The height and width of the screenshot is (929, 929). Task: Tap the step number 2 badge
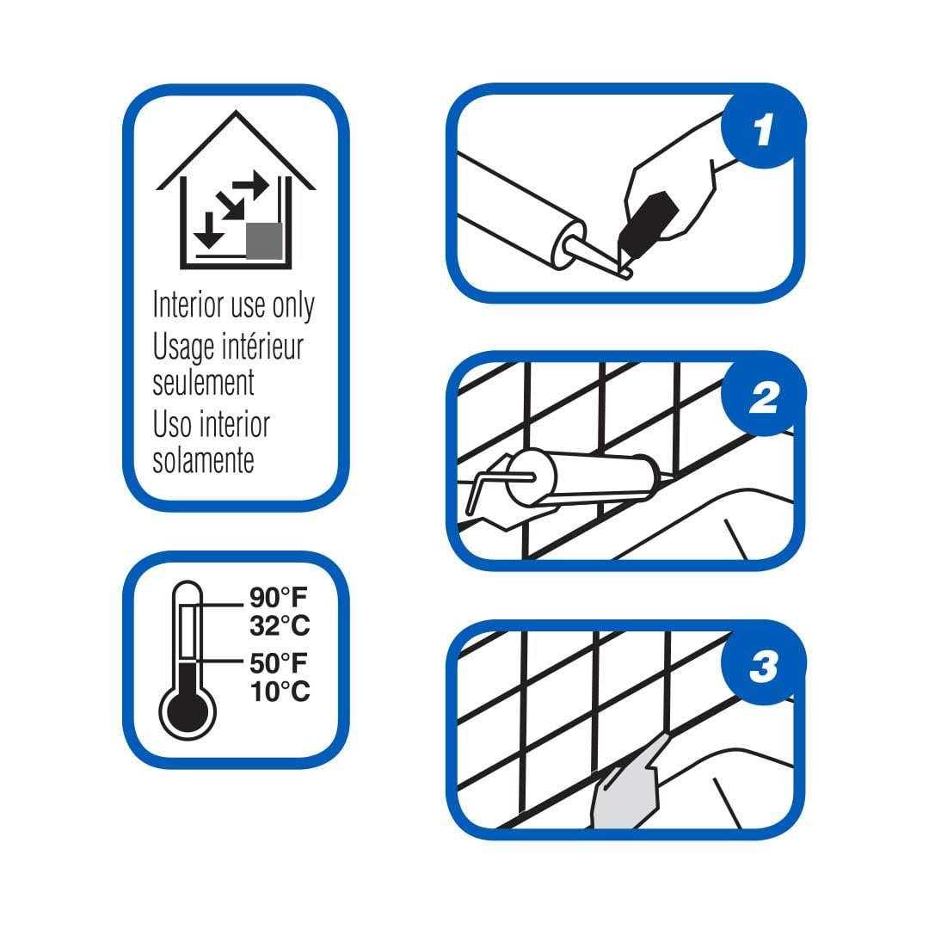click(763, 399)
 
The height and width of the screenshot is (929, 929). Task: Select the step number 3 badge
click(763, 668)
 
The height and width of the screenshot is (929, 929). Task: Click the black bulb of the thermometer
click(187, 711)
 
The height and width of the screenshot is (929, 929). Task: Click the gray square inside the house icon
click(264, 240)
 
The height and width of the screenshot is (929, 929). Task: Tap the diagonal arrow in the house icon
click(229, 206)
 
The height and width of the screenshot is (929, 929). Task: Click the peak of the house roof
click(236, 113)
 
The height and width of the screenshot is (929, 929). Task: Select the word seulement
click(203, 382)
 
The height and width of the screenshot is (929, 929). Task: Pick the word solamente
click(203, 459)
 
